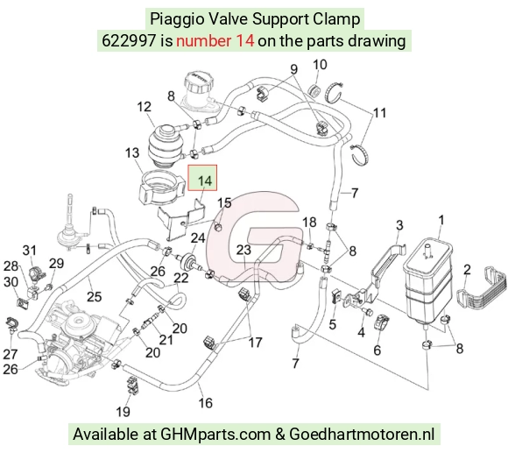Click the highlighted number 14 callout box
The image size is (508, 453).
coord(202,178)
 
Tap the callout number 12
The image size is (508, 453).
coord(145,107)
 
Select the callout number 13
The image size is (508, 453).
coord(132,152)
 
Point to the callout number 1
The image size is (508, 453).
coord(441,220)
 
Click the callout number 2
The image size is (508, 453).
coord(467,270)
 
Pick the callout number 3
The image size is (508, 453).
coord(399,225)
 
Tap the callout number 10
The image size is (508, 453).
coord(320,65)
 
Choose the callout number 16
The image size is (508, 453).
coord(206,403)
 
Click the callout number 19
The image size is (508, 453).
coord(123,412)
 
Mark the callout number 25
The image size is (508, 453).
coord(95,296)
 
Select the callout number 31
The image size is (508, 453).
coord(29,250)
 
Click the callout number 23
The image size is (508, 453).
coord(243,250)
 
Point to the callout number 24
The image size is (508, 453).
coord(198,238)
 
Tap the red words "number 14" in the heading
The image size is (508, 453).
coord(215,41)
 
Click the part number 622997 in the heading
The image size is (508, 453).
coord(129,41)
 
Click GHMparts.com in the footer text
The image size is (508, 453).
coord(215,435)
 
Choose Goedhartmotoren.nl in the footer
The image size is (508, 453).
coord(361,434)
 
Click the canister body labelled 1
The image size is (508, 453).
coord(427,281)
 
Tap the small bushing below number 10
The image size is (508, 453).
coord(315,89)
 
